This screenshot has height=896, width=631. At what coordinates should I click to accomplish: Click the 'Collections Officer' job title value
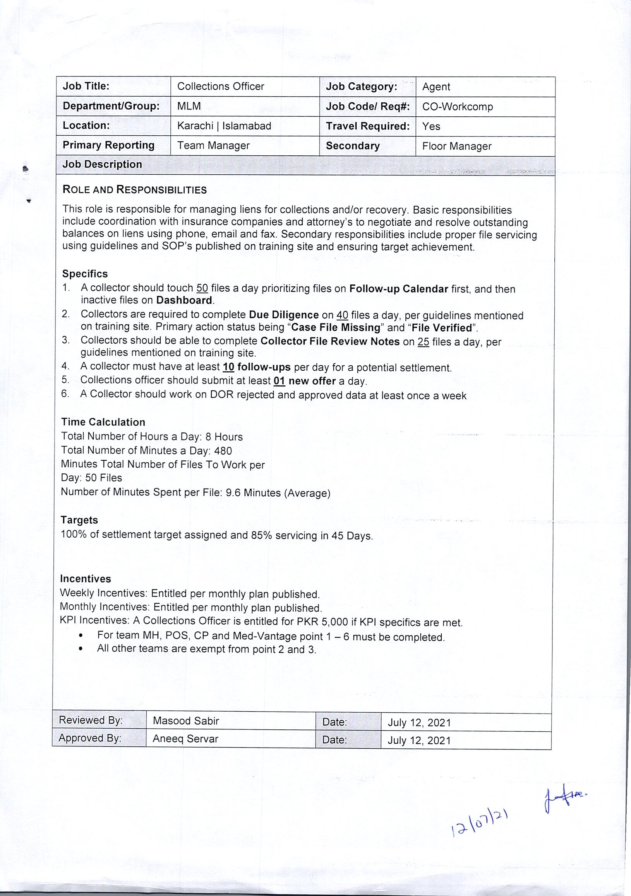pos(220,86)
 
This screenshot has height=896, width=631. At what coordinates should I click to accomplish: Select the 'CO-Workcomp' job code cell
pos(457,107)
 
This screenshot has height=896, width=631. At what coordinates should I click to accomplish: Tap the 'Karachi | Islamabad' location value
pos(224,126)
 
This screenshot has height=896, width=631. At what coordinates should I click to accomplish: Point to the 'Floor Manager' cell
pos(456,146)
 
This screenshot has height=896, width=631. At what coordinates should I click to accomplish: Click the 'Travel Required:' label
pos(368,126)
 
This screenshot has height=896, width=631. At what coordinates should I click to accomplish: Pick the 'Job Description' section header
pos(102,164)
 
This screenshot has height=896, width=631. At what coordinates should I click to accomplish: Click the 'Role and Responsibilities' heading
pos(134,190)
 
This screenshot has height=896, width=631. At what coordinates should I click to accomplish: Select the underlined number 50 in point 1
pos(202,288)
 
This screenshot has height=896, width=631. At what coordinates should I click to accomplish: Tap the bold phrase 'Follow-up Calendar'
pos(398,289)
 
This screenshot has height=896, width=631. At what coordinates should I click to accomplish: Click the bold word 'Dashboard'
pos(184,300)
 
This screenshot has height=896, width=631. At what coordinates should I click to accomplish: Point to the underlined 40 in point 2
pos(342,315)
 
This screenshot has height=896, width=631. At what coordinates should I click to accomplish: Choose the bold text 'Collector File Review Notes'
pos(330,341)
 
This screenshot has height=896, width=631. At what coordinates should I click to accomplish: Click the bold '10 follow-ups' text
pos(256,367)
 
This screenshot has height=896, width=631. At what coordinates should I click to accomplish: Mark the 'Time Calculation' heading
pos(103,422)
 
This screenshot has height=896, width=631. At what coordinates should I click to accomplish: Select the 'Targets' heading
pos(79,520)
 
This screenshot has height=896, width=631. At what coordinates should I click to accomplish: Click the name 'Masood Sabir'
pos(185,721)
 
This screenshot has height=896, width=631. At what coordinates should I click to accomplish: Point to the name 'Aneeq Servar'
pos(185,739)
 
